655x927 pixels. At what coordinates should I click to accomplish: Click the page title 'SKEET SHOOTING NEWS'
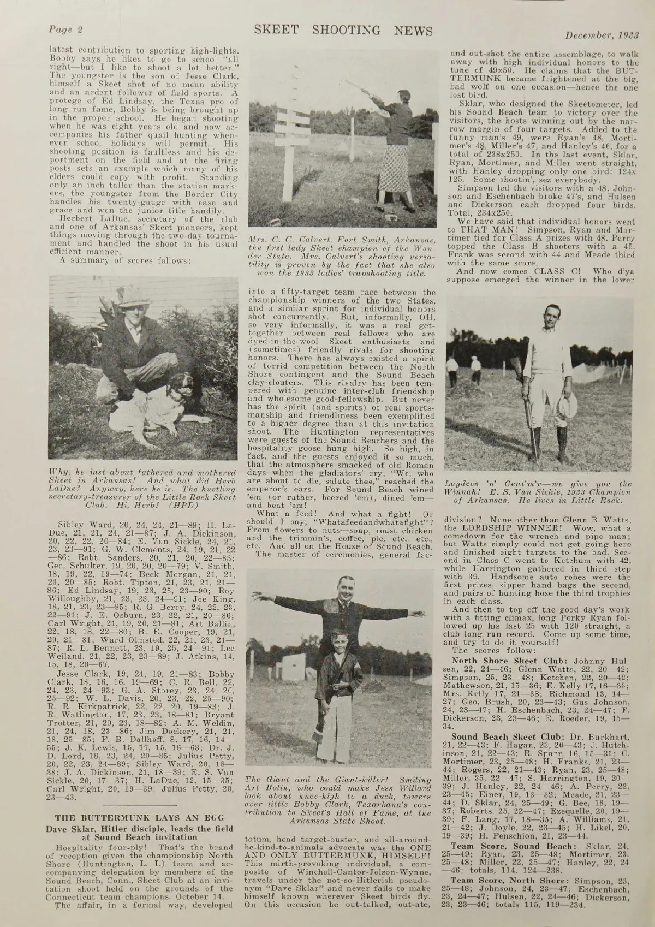pyautogui.click(x=343, y=31)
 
